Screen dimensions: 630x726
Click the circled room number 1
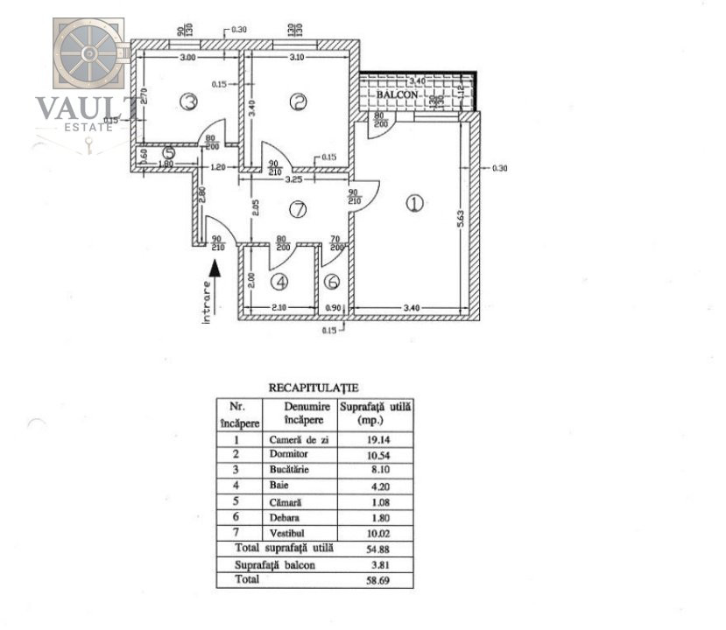tap(414, 204)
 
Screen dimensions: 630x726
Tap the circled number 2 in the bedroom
tap(300, 102)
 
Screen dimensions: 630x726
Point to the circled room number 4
tap(279, 283)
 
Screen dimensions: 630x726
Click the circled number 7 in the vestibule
tap(300, 210)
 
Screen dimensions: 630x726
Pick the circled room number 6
tap(332, 283)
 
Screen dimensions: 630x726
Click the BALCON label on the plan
tap(399, 93)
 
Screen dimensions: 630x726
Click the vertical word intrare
tap(207, 304)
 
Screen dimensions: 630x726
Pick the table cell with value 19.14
tap(375, 440)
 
